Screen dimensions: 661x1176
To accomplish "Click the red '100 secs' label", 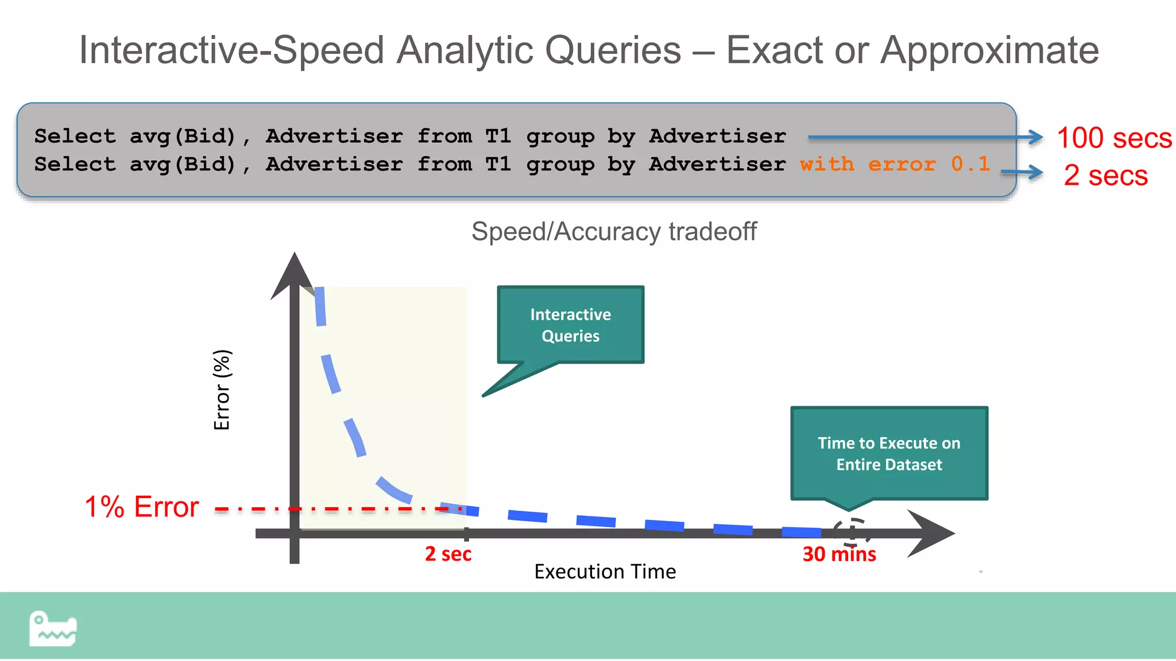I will tap(1113, 138).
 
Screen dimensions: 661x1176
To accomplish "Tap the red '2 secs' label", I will tap(1105, 175).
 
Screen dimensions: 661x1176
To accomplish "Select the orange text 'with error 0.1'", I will tap(895, 164).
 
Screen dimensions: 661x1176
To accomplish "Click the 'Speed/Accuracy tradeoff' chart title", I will tap(613, 232).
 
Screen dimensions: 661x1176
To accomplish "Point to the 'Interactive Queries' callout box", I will tap(570, 325).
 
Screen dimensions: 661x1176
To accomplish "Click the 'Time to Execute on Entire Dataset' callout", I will tap(889, 453).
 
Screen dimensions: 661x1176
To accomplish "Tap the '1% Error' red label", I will tap(141, 507).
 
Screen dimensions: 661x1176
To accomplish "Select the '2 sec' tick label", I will tap(448, 554).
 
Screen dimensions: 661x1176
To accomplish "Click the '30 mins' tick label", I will tap(839, 554).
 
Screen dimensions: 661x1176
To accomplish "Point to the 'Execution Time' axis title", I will tap(605, 571).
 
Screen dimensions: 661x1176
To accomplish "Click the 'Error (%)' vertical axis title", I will tap(222, 390).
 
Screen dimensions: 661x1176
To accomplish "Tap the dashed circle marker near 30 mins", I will tap(852, 532).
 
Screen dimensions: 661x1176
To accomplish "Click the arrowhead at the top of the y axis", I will tap(294, 275).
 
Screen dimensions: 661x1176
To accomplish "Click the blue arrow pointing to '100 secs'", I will tap(924, 137).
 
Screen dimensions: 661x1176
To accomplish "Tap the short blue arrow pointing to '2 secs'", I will tap(1022, 172).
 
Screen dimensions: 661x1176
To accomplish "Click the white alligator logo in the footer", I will tap(53, 629).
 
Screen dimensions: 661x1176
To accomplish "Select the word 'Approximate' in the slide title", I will tap(989, 50).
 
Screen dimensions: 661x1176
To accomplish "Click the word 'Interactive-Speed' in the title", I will tap(231, 50).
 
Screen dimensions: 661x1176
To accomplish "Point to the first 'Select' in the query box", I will tap(75, 137).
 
